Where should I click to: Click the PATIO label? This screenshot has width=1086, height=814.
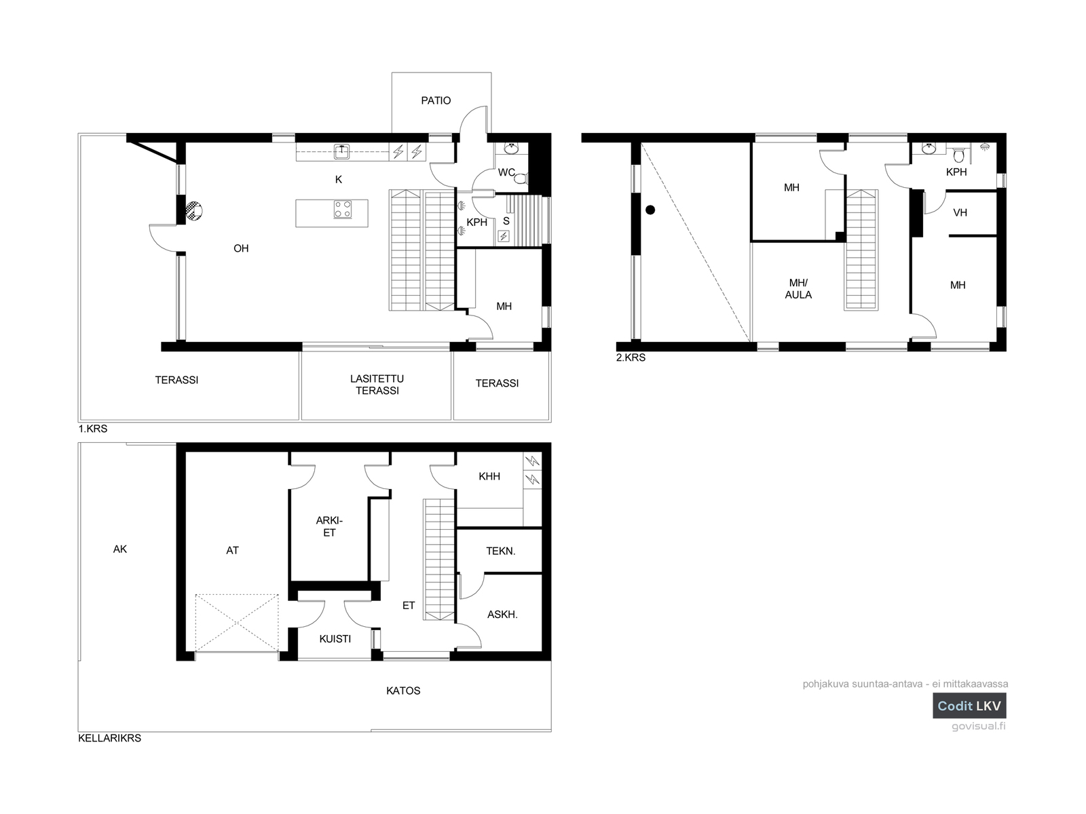point(435,101)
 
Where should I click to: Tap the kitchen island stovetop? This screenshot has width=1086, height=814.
point(342,209)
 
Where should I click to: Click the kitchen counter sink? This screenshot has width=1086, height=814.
point(341,151)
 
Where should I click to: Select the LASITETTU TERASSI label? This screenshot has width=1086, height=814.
point(377,385)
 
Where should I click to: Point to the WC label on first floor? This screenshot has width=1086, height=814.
point(506,172)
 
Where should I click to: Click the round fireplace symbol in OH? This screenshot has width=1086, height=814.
point(194,211)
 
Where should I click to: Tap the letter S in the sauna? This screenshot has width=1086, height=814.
point(506,221)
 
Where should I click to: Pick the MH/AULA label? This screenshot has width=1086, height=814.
point(798,289)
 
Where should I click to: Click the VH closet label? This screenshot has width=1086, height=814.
point(960,212)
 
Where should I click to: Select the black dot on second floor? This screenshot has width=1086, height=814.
point(650,210)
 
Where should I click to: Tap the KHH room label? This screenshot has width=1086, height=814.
point(489,476)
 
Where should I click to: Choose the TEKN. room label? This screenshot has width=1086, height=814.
point(501,551)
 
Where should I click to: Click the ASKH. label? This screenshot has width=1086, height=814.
point(502,615)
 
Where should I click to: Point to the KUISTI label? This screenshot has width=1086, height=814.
point(335,638)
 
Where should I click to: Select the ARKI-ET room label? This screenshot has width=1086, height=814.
point(329,526)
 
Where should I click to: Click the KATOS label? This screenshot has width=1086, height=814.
point(403,691)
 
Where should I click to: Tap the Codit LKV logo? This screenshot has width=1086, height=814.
point(969,705)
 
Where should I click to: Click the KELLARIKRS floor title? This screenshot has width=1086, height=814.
point(109,738)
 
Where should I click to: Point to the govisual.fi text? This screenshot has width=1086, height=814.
point(979,726)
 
